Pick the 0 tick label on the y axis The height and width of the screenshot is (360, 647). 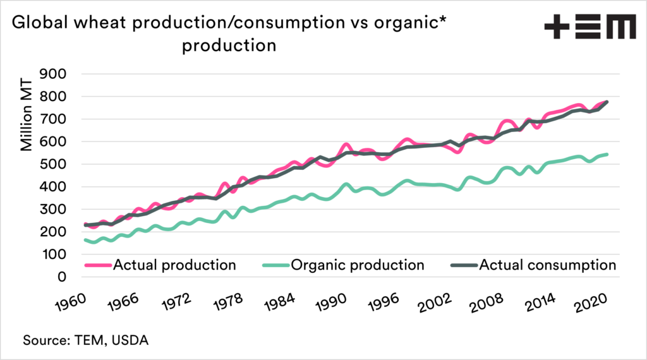pyautogui.click(x=63, y=277)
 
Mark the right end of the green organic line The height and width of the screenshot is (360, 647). pyautogui.click(x=607, y=154)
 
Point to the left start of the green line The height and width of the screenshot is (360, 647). pyautogui.click(x=85, y=240)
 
